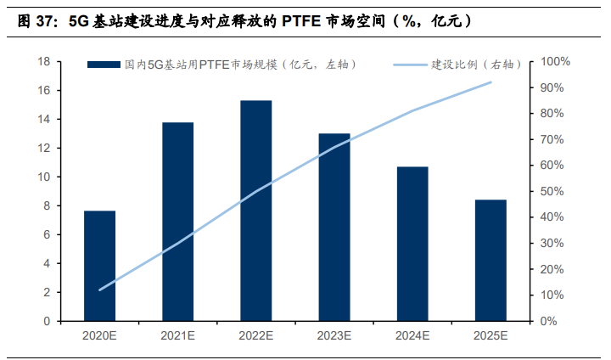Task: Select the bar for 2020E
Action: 99,266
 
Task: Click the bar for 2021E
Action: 177,222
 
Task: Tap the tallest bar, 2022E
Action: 255,211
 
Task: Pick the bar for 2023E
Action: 334,228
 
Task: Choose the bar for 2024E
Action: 412,244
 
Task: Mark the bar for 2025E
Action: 490,261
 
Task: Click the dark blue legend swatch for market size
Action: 104,64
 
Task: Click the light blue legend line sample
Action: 411,64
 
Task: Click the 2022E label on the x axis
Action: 255,337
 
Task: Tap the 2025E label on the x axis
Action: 490,337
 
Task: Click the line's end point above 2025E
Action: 490,82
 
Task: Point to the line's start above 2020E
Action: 99,290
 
